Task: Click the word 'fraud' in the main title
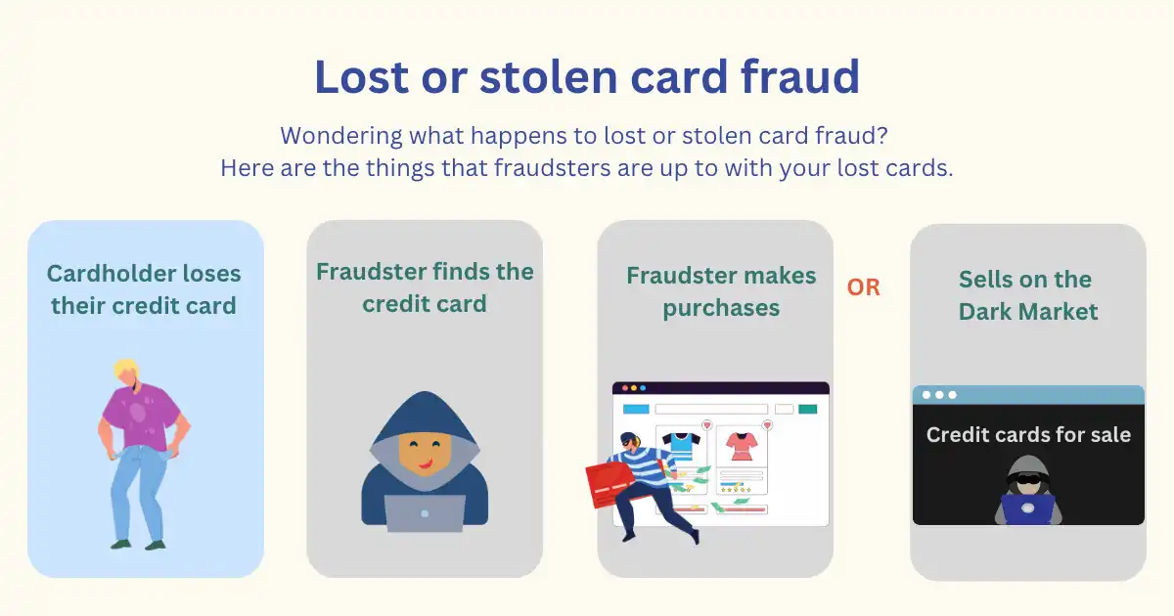point(800,76)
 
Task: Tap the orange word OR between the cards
point(863,287)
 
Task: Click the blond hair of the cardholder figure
point(126,370)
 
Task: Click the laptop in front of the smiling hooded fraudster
point(425,513)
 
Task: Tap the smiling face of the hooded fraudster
point(425,454)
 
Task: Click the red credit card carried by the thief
point(608,485)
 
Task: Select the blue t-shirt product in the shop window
point(681,446)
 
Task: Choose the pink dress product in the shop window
point(742,446)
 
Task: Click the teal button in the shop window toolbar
point(807,409)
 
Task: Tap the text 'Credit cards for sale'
point(1028,435)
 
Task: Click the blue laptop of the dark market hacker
point(1028,509)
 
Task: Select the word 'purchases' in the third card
point(721,309)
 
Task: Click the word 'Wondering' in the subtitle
point(341,136)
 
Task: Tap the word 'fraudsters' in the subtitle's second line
point(553,168)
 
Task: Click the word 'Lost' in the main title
point(361,76)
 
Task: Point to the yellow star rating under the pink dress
point(737,490)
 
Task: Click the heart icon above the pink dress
point(767,424)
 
